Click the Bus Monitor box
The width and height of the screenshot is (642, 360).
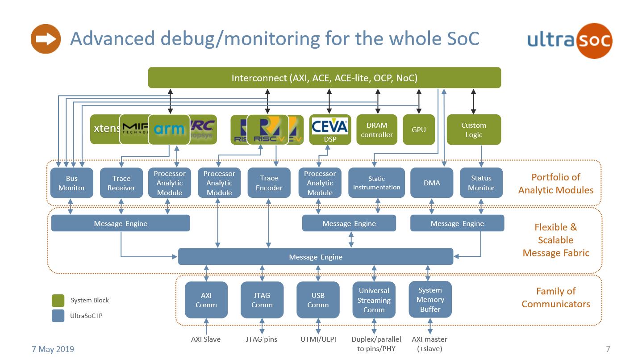pyautogui.click(x=71, y=183)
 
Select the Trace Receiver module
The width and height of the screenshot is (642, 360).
pyautogui.click(x=121, y=183)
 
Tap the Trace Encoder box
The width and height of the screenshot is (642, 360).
pyautogui.click(x=269, y=183)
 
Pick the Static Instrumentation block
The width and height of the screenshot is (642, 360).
pyautogui.click(x=376, y=183)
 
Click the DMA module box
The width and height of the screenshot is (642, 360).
pyautogui.click(x=432, y=183)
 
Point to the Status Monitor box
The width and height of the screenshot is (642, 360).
pyautogui.click(x=481, y=183)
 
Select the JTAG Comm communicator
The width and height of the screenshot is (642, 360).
pyautogui.click(x=262, y=300)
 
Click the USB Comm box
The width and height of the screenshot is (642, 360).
pyautogui.click(x=318, y=300)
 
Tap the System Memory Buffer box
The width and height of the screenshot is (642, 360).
pyautogui.click(x=430, y=300)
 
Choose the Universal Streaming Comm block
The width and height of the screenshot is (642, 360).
pyautogui.click(x=374, y=300)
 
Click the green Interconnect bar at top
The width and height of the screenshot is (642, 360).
pyautogui.click(x=324, y=78)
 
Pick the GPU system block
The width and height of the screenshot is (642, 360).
pyautogui.click(x=418, y=130)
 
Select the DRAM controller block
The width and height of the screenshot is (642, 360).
pyautogui.click(x=376, y=130)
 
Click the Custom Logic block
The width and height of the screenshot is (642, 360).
pyautogui.click(x=474, y=130)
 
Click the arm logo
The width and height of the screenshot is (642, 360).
pyautogui.click(x=169, y=130)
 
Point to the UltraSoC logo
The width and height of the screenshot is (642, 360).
pyautogui.click(x=570, y=40)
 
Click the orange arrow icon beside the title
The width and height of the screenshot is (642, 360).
pyautogui.click(x=46, y=39)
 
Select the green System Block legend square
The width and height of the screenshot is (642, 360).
pyautogui.click(x=58, y=300)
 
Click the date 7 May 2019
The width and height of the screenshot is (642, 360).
pyautogui.click(x=53, y=349)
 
